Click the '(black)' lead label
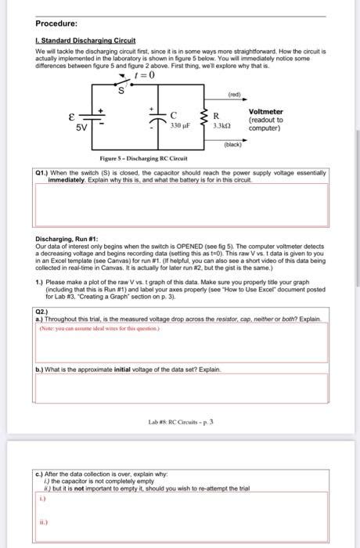234,146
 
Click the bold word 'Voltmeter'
266,112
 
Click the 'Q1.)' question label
44,171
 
